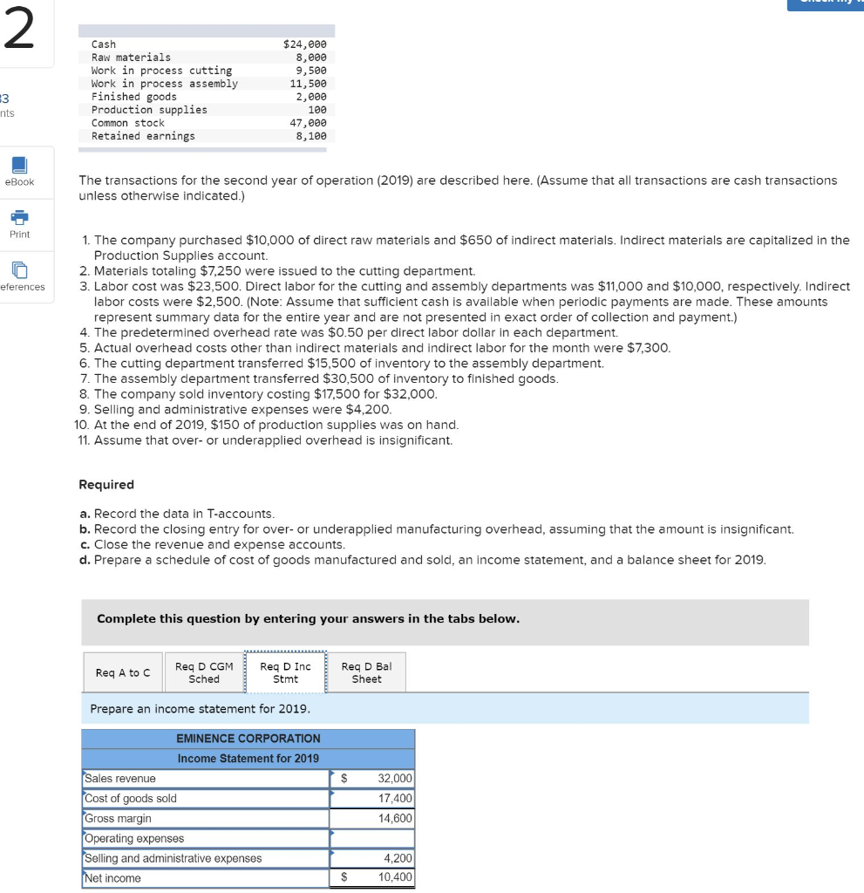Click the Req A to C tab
122,672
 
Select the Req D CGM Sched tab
204,672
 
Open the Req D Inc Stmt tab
285,672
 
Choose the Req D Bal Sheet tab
366,672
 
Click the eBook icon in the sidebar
19,166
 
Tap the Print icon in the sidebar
19,218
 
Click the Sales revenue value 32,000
394,779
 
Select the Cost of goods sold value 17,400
394,799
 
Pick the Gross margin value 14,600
394,819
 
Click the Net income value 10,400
394,878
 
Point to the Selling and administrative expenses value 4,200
394,859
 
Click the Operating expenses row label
134,839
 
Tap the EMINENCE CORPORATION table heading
248,739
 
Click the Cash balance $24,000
305,44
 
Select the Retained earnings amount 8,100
311,136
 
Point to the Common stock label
127,123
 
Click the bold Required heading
106,485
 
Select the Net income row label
112,878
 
